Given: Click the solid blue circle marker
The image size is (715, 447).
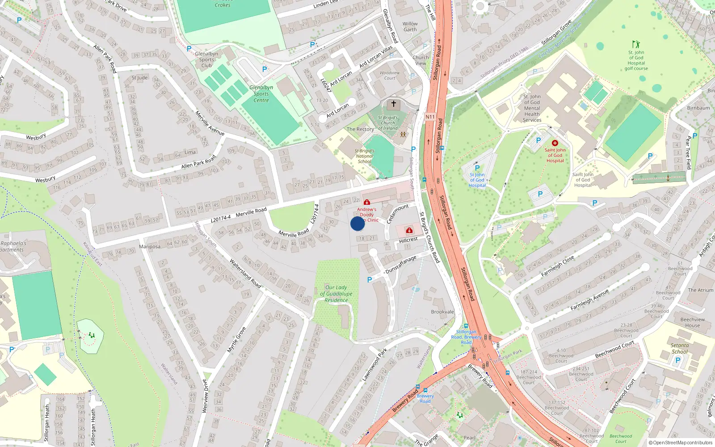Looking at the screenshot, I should coord(357,223).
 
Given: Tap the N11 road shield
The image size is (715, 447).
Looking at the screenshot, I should coord(430,117).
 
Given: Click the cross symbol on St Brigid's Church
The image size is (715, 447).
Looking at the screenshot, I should coord(394,104).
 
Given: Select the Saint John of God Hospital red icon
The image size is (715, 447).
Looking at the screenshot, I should coord(555,143).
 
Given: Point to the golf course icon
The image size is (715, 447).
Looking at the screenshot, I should coord(636,44).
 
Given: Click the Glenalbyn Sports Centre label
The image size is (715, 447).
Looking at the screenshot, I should coord(261,94).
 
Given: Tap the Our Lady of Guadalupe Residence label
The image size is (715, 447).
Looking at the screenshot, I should coord(336,294).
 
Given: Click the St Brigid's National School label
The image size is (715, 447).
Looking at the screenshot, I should coord(365,156).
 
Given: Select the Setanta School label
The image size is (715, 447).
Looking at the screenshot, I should coord(680,348).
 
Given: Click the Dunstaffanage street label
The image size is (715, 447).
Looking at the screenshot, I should coord(401,265).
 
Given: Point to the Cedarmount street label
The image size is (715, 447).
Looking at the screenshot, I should coord(397,213).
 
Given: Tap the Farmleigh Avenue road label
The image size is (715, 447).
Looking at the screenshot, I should coord(589,300).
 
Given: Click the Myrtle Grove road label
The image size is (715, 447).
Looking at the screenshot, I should coord(237,340).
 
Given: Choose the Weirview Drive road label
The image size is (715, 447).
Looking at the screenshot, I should coord(205,396).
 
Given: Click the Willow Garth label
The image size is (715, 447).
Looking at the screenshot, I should coord(410,27).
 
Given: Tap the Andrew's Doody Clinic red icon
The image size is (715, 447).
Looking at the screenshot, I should coord(367,202).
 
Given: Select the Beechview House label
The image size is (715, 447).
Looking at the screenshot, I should coord(693,322).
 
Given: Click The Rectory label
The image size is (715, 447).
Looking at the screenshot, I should coord(360,129).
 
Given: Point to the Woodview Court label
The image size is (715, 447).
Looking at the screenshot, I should coord(390,75).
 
